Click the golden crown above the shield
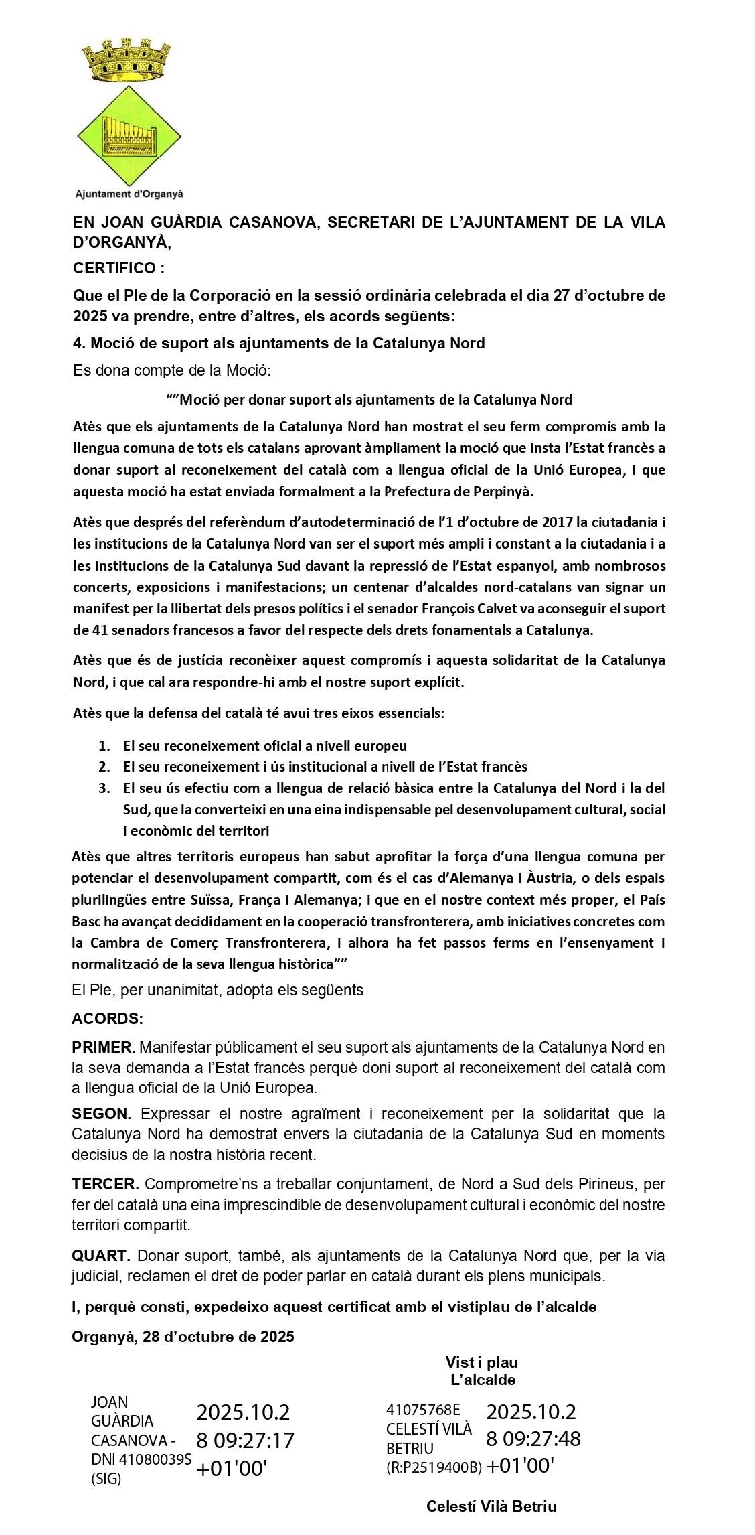click(128, 60)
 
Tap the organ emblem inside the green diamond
click(129, 136)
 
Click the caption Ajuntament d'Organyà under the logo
click(129, 194)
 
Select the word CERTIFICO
click(114, 269)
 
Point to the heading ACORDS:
click(107, 1019)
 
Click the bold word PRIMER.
click(104, 1047)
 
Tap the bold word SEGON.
click(102, 1114)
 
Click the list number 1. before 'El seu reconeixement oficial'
click(104, 745)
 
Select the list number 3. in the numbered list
click(104, 788)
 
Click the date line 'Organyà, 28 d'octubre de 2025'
click(183, 1337)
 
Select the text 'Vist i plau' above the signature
click(481, 1362)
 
